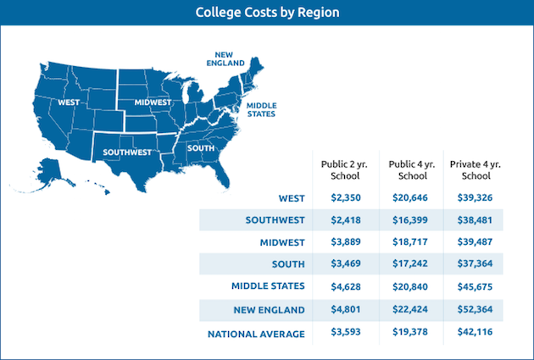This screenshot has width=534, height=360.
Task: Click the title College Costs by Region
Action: tap(267, 12)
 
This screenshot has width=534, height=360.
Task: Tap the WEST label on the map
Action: tap(69, 102)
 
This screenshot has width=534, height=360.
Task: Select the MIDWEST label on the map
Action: tap(153, 102)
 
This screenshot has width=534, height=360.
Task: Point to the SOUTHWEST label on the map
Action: tap(126, 152)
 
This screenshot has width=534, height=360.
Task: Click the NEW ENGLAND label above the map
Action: tap(227, 58)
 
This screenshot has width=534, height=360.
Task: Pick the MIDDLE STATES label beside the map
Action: tap(261, 109)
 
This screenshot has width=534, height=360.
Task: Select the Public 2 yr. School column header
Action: tap(340, 169)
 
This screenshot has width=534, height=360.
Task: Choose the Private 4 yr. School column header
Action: tap(471, 169)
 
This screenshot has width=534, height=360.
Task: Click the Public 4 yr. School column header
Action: tap(406, 169)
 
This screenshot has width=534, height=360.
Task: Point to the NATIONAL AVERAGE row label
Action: tap(256, 334)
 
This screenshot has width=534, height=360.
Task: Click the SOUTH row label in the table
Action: tap(289, 264)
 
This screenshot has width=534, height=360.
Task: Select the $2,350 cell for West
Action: tap(340, 198)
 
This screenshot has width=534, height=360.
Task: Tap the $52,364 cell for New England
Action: tap(471, 309)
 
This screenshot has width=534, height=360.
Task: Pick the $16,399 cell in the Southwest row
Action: tap(406, 220)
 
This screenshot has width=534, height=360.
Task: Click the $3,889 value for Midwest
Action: tap(340, 242)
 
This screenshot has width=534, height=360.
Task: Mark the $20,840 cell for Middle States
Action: tap(406, 286)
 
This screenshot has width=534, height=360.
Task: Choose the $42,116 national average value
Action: tap(471, 334)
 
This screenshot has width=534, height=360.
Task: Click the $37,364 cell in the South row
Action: tap(471, 264)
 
